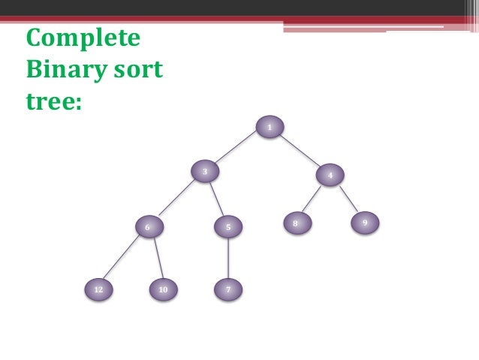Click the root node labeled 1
(269, 128)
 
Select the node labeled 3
(204, 172)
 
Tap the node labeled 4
(330, 175)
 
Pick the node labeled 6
(148, 226)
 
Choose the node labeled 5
(227, 226)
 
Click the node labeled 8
(296, 223)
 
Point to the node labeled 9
(364, 223)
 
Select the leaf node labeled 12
(98, 289)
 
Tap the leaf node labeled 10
(162, 289)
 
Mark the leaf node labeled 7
(227, 289)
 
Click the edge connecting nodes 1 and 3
(236, 150)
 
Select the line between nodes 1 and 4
(299, 151)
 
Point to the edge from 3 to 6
(176, 199)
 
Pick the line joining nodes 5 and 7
(227, 257)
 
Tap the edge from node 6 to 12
(122, 258)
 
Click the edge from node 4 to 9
(347, 199)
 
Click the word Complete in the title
(83, 38)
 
